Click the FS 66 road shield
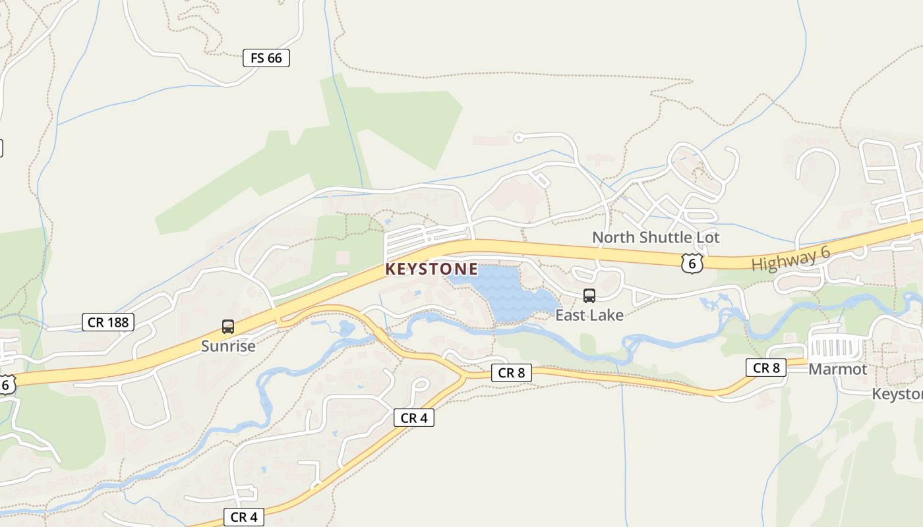(266, 58)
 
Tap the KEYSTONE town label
(431, 269)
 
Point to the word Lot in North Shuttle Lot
(707, 237)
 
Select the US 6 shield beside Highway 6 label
(692, 263)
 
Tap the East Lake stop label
(589, 315)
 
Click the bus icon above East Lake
(589, 296)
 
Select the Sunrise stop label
(228, 346)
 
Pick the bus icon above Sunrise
(228, 326)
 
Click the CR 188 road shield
(109, 322)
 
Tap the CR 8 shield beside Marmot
(765, 368)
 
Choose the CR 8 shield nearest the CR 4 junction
(511, 373)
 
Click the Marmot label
(837, 369)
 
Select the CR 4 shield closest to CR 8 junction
(414, 418)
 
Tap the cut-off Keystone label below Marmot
(897, 394)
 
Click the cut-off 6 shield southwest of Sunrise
(7, 384)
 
